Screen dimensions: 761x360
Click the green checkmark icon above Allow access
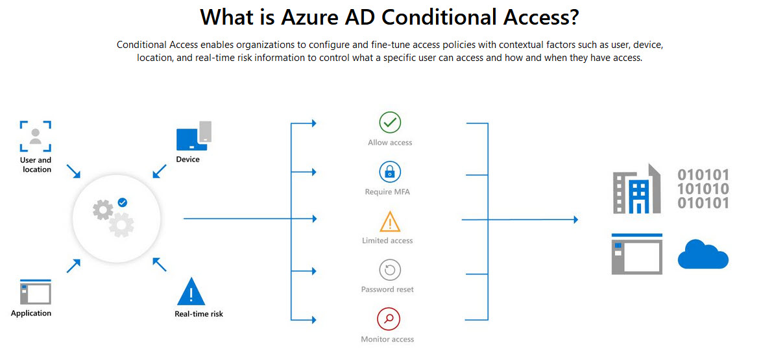pyautogui.click(x=390, y=122)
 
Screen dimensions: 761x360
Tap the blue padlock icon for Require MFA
pyautogui.click(x=390, y=172)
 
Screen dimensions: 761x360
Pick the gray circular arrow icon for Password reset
pyautogui.click(x=390, y=270)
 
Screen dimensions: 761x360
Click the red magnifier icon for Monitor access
pyautogui.click(x=390, y=319)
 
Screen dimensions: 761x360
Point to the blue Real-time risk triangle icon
pyautogui.click(x=191, y=291)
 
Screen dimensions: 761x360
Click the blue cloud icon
pyautogui.click(x=703, y=255)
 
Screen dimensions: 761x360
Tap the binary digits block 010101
pyautogui.click(x=703, y=189)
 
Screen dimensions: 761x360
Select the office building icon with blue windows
pyautogui.click(x=636, y=189)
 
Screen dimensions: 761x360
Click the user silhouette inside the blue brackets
pyautogui.click(x=36, y=136)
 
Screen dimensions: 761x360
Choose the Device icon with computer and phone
pyautogui.click(x=193, y=136)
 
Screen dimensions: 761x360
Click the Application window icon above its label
pyautogui.click(x=36, y=292)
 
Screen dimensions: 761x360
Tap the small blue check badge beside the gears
pyautogui.click(x=123, y=202)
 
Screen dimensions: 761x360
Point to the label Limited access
pyautogui.click(x=387, y=241)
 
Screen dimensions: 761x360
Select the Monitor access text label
pyautogui.click(x=387, y=339)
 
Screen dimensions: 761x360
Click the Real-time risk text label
pyautogui.click(x=199, y=314)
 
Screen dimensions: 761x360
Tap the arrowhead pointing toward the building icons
pyautogui.click(x=575, y=219)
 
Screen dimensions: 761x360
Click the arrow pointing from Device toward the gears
pyautogui.click(x=159, y=171)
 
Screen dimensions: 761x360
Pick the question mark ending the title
pyautogui.click(x=573, y=18)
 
